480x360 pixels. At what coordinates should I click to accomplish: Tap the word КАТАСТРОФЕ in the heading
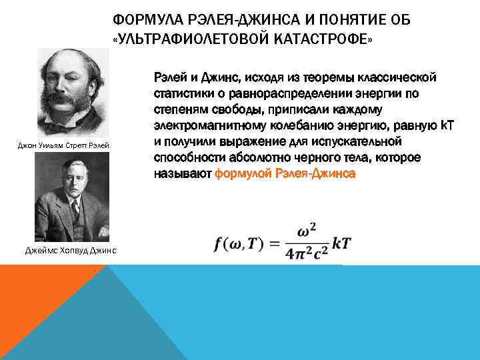point(320,39)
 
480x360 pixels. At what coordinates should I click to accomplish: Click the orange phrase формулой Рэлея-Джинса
point(285,173)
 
